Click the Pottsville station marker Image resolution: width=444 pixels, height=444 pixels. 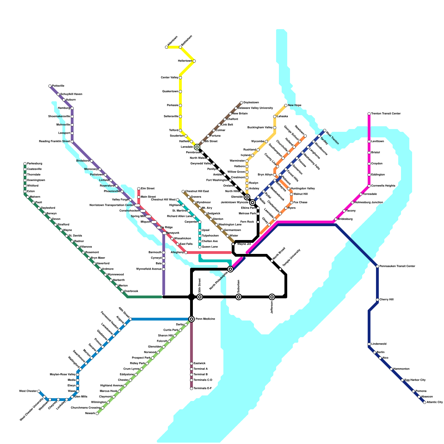(x=50, y=86)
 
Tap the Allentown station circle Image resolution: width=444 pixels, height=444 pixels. (x=167, y=47)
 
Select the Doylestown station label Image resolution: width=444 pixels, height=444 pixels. (x=251, y=103)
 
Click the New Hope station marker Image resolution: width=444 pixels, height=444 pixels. (x=286, y=105)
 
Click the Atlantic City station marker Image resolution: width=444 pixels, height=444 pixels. (x=425, y=402)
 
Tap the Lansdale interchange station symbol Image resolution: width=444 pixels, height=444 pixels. (x=197, y=147)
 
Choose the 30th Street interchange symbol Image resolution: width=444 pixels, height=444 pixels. (x=200, y=297)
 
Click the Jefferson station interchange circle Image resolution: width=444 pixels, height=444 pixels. (x=272, y=297)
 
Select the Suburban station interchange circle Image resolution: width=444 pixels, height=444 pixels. (x=239, y=297)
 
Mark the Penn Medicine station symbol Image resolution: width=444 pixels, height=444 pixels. (x=191, y=319)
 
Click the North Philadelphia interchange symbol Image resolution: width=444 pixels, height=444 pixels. (x=230, y=269)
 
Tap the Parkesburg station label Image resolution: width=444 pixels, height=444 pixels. (x=34, y=164)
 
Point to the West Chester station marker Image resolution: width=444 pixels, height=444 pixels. (x=39, y=391)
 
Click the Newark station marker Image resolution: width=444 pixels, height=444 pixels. (x=97, y=413)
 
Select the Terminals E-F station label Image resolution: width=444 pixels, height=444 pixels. (x=203, y=389)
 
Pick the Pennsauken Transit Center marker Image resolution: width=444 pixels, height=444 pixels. (x=377, y=266)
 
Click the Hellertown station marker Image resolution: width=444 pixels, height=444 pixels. (x=194, y=61)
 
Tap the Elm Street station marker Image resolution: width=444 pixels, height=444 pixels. (x=139, y=189)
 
